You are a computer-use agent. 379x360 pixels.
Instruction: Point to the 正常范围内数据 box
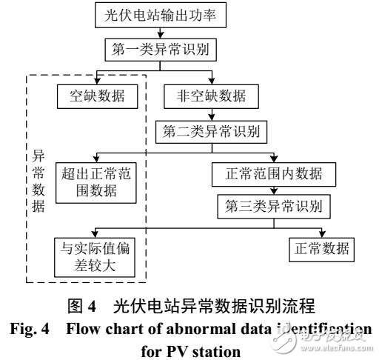274,176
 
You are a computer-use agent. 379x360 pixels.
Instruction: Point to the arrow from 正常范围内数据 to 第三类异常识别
275,190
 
